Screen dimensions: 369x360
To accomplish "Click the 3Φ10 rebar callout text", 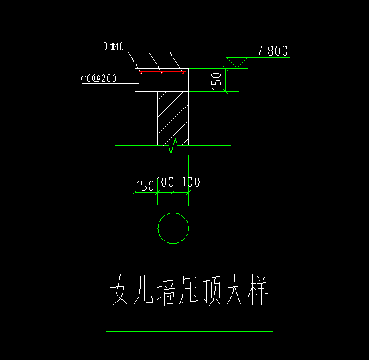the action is click(x=114, y=46).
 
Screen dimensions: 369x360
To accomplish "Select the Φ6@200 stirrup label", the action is click(x=98, y=78).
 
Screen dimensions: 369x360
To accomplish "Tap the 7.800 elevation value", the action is click(x=273, y=51).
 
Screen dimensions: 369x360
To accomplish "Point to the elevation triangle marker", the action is click(x=237, y=62).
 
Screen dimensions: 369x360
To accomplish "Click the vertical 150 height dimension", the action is click(x=216, y=82).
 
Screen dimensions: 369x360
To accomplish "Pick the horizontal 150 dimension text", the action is click(x=145, y=186).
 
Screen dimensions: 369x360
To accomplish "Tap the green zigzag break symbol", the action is click(x=173, y=146).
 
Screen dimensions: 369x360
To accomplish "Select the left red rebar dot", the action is click(x=141, y=73).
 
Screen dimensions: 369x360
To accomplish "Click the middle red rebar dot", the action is click(x=162, y=73).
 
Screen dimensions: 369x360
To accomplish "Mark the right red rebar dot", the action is click(x=183, y=73).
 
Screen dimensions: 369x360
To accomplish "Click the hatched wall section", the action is click(x=173, y=118).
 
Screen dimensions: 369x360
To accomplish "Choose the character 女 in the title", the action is click(x=120, y=290).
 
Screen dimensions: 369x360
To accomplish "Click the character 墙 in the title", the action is click(x=166, y=290).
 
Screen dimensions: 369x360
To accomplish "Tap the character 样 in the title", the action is click(x=258, y=290).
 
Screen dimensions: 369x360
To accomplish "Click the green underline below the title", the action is click(x=190, y=331).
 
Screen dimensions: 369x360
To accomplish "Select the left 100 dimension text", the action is click(x=165, y=182).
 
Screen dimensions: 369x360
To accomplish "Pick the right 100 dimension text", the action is click(x=191, y=182).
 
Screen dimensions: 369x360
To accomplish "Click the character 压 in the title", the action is click(x=188, y=290).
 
